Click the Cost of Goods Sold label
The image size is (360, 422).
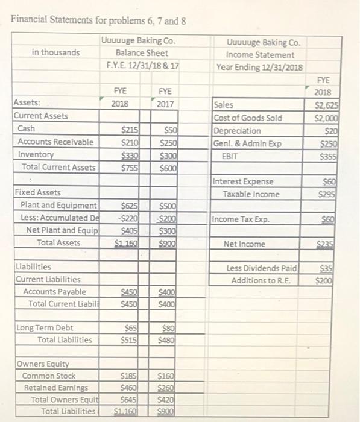point(248,118)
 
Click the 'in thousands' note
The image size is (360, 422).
point(55,52)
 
